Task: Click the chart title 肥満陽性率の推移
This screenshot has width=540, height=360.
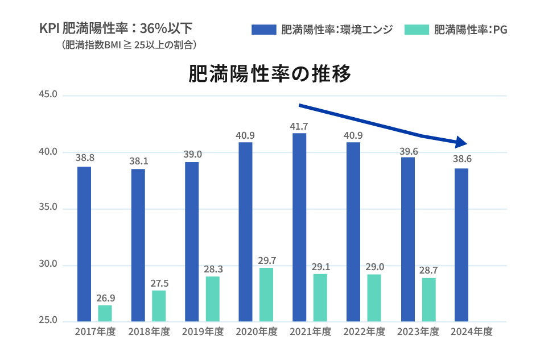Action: (x=269, y=75)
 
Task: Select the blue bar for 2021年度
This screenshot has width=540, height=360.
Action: (x=299, y=227)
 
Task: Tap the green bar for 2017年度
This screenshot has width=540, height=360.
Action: (x=105, y=313)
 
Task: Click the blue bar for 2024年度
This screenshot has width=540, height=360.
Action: (x=461, y=245)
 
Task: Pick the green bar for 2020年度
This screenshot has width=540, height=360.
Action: (x=266, y=294)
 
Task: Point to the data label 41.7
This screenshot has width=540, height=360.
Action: (x=299, y=126)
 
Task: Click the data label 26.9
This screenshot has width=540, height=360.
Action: (x=105, y=297)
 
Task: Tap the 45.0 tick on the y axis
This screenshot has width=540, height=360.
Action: (x=48, y=95)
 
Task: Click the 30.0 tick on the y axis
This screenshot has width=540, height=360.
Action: (x=48, y=264)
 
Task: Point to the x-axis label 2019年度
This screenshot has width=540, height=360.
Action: (x=203, y=332)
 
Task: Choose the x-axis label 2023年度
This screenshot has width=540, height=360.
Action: (x=418, y=332)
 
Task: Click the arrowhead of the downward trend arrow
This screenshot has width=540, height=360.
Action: (x=461, y=142)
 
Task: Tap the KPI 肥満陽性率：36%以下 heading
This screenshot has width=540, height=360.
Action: (x=116, y=28)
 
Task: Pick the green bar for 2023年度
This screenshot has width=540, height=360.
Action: (x=428, y=299)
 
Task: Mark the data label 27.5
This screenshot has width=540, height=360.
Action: (x=158, y=283)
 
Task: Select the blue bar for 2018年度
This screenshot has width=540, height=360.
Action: (x=138, y=245)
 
